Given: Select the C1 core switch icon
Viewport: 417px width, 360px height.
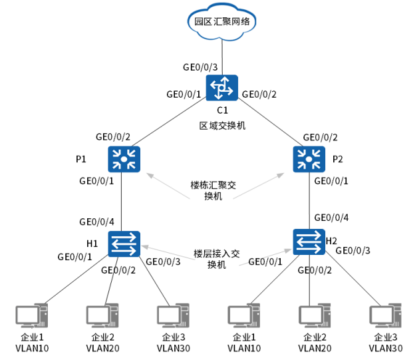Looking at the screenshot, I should click(x=221, y=87).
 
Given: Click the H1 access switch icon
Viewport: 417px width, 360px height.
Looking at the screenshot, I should click(x=124, y=244).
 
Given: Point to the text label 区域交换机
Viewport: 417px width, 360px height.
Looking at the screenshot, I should click(x=223, y=125).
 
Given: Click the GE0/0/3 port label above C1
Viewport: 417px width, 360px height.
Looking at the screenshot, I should click(x=200, y=67).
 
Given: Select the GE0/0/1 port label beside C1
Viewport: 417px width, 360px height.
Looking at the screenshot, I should click(x=184, y=94).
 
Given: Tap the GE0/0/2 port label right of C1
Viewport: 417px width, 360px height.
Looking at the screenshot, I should click(x=259, y=94).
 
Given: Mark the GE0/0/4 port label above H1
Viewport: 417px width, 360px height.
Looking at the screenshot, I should click(x=96, y=222).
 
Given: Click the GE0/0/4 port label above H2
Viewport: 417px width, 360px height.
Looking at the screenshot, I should click(x=331, y=217).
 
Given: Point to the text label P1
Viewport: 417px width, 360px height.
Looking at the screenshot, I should click(x=81, y=159).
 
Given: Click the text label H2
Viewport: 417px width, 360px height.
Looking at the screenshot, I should click(x=331, y=240).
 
